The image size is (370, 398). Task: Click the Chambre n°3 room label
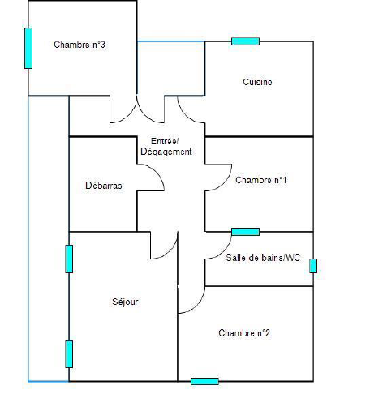[80, 45]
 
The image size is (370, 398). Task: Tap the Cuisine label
[257, 82]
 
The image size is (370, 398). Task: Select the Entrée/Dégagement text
[166, 146]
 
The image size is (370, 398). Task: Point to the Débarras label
[104, 186]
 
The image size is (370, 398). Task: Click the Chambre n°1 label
[261, 180]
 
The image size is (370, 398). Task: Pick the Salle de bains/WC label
[263, 258]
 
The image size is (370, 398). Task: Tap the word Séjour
[125, 302]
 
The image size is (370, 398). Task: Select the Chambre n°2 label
[244, 333]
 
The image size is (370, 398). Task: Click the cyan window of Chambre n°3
[28, 48]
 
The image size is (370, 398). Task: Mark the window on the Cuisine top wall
[246, 41]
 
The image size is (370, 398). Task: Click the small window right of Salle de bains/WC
[313, 266]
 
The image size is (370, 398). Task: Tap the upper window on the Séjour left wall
[69, 259]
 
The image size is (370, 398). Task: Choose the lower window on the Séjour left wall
[69, 354]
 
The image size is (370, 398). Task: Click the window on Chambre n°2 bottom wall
[204, 381]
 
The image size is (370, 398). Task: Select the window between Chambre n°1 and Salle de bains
[246, 232]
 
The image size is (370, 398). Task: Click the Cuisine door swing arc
[186, 115]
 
